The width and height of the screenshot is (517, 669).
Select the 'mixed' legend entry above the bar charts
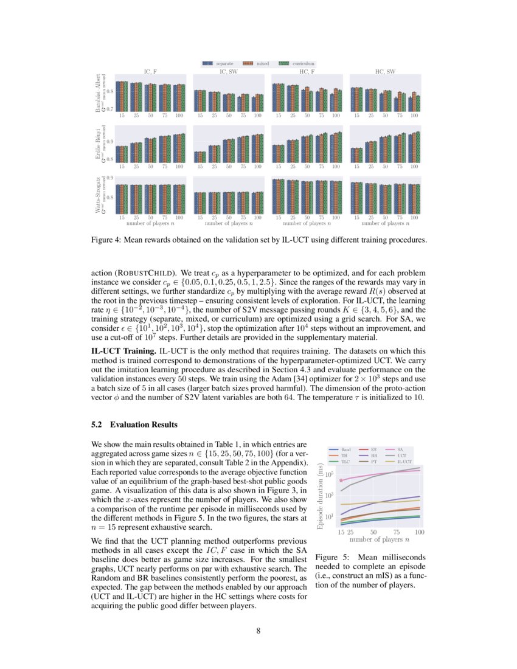coord(258,63)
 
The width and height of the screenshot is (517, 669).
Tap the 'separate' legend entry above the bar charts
coord(220,63)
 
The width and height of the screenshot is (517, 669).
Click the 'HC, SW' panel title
coord(386,72)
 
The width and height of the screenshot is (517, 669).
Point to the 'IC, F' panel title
coord(150,72)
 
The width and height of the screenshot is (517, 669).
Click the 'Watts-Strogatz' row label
coord(97,195)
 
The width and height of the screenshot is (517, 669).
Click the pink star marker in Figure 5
coord(341,480)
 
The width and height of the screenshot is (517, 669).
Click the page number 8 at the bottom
coord(258,631)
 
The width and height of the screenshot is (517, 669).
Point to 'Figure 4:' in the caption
coord(107,240)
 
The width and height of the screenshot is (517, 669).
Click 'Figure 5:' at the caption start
coord(333,557)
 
